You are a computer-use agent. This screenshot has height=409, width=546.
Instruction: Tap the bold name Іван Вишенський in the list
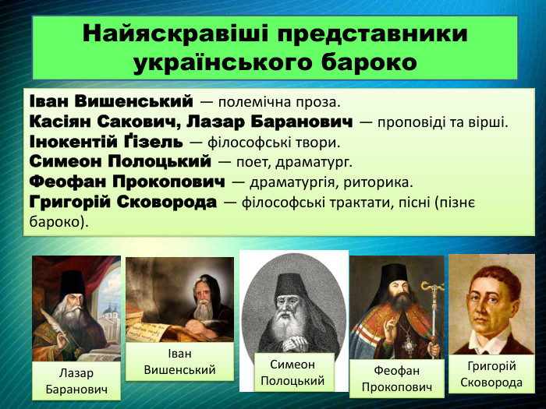110,101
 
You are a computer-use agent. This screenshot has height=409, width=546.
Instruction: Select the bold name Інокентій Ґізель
106,142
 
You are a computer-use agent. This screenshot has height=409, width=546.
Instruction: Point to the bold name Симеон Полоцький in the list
120,162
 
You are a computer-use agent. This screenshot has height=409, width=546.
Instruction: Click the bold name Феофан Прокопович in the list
127,182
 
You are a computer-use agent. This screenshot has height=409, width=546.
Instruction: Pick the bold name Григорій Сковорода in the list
122,203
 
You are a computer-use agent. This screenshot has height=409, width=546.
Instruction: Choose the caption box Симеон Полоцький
293,372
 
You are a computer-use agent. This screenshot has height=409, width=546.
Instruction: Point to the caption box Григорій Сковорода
491,375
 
